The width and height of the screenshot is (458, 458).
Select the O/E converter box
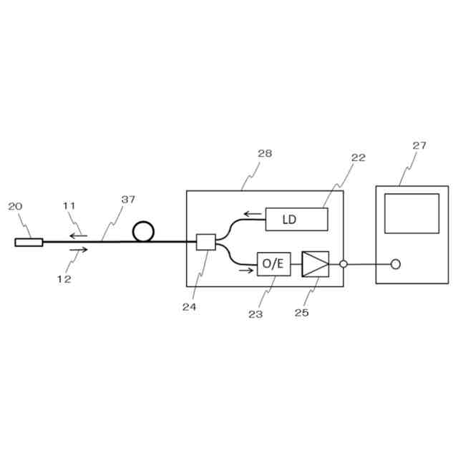(273, 264)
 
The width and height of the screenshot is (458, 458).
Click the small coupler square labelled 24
(205, 242)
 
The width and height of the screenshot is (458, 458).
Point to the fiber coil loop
(143, 231)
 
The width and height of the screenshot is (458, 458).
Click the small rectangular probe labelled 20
(29, 242)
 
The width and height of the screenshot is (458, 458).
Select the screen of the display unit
(411, 213)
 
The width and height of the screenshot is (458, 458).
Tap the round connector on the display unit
(395, 264)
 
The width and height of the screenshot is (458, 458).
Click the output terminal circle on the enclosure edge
(343, 264)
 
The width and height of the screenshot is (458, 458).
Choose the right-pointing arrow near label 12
(79, 250)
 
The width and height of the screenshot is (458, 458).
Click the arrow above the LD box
(251, 213)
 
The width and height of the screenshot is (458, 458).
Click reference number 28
(264, 153)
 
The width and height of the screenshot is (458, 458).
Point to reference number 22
(358, 157)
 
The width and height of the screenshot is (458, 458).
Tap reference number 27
(419, 145)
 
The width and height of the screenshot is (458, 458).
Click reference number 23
(255, 313)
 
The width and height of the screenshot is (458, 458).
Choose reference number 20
(15, 206)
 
